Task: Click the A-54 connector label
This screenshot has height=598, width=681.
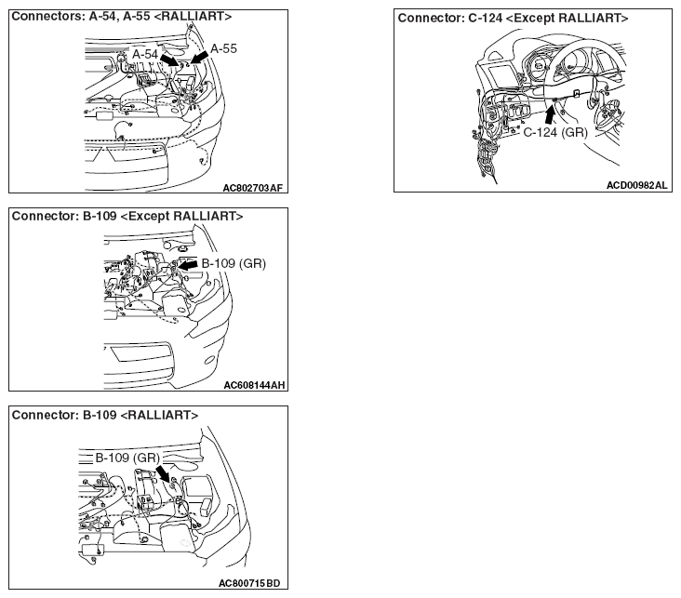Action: click(145, 54)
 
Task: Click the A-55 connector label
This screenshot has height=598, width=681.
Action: click(223, 48)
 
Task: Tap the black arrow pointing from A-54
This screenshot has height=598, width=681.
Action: click(169, 60)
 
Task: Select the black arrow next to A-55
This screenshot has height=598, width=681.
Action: click(199, 58)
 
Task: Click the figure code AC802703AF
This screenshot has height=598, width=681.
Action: click(252, 188)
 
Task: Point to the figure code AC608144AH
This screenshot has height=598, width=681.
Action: click(254, 385)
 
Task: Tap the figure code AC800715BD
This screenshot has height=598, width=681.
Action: click(249, 583)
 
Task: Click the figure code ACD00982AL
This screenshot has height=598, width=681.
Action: click(636, 185)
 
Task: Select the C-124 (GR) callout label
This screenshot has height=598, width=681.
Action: click(555, 132)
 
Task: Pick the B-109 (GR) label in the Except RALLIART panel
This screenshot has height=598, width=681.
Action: click(234, 263)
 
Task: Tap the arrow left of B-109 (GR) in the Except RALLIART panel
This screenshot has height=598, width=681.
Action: click(188, 264)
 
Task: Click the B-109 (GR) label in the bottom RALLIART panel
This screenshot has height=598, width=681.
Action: click(127, 458)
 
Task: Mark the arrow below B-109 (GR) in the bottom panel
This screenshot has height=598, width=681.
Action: click(164, 473)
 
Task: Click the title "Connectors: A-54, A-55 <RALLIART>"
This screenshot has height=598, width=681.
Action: click(122, 17)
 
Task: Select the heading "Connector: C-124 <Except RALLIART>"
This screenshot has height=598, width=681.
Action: click(513, 19)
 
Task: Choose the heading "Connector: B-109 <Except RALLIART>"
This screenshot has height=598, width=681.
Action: click(127, 216)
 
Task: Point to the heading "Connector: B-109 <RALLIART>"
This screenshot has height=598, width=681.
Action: click(105, 415)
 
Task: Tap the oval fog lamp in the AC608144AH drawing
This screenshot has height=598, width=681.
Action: click(209, 360)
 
